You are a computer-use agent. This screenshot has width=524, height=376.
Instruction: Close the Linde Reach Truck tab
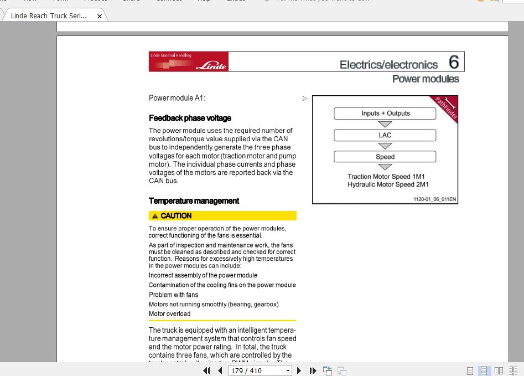pos(100,16)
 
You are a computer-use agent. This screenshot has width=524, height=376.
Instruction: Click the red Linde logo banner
pos(188,61)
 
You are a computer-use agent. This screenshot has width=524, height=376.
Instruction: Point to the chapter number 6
pos(454,62)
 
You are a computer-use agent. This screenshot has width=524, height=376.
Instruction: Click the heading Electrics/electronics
pos(388,65)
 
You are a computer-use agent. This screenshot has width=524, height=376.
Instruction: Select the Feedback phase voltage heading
pos(190,118)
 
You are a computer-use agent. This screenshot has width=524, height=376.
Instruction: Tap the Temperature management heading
pos(194,201)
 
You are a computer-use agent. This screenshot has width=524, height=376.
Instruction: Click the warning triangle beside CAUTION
pos(155,216)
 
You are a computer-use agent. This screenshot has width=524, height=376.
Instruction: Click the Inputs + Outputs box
pos(385,114)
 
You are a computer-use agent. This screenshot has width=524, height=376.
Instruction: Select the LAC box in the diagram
pos(385,135)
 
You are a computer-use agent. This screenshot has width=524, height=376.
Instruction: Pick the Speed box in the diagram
pos(385,157)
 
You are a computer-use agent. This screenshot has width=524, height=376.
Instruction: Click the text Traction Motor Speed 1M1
pos(386,177)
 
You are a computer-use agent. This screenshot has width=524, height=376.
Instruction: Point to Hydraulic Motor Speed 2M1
pos(388,185)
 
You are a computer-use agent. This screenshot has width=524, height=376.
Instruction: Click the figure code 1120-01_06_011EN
pos(434,199)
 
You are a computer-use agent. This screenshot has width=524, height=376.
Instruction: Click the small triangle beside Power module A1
pos(305,99)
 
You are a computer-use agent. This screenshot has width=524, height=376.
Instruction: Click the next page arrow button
pos(299,370)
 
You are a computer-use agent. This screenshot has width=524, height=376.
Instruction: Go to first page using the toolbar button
pos(206,370)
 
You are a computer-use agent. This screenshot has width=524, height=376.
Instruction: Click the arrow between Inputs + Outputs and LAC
pos(385,125)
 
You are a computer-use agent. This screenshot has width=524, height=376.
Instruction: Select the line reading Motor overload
pos(169,314)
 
